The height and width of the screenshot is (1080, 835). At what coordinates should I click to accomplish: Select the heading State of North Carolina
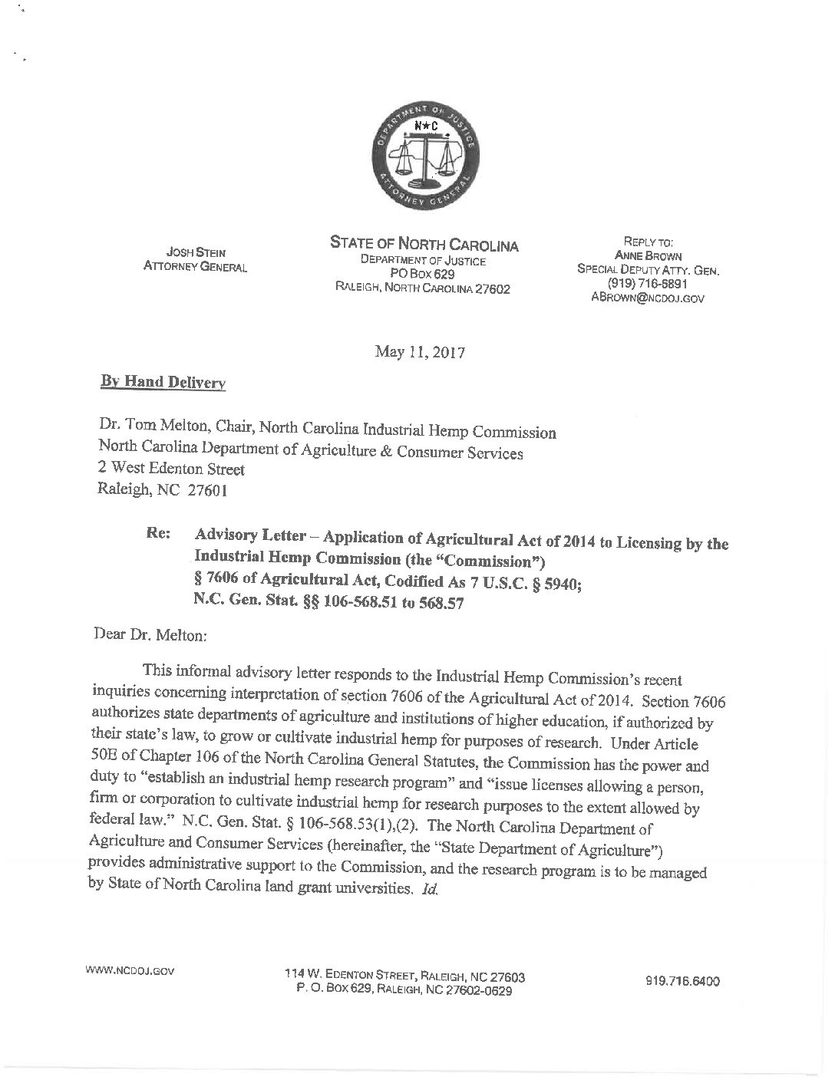[424, 245]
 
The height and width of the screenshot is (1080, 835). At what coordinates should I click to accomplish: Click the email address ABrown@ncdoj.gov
[648, 298]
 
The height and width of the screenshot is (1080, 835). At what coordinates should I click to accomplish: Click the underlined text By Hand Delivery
[163, 381]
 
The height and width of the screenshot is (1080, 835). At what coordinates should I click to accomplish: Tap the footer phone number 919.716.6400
[683, 981]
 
